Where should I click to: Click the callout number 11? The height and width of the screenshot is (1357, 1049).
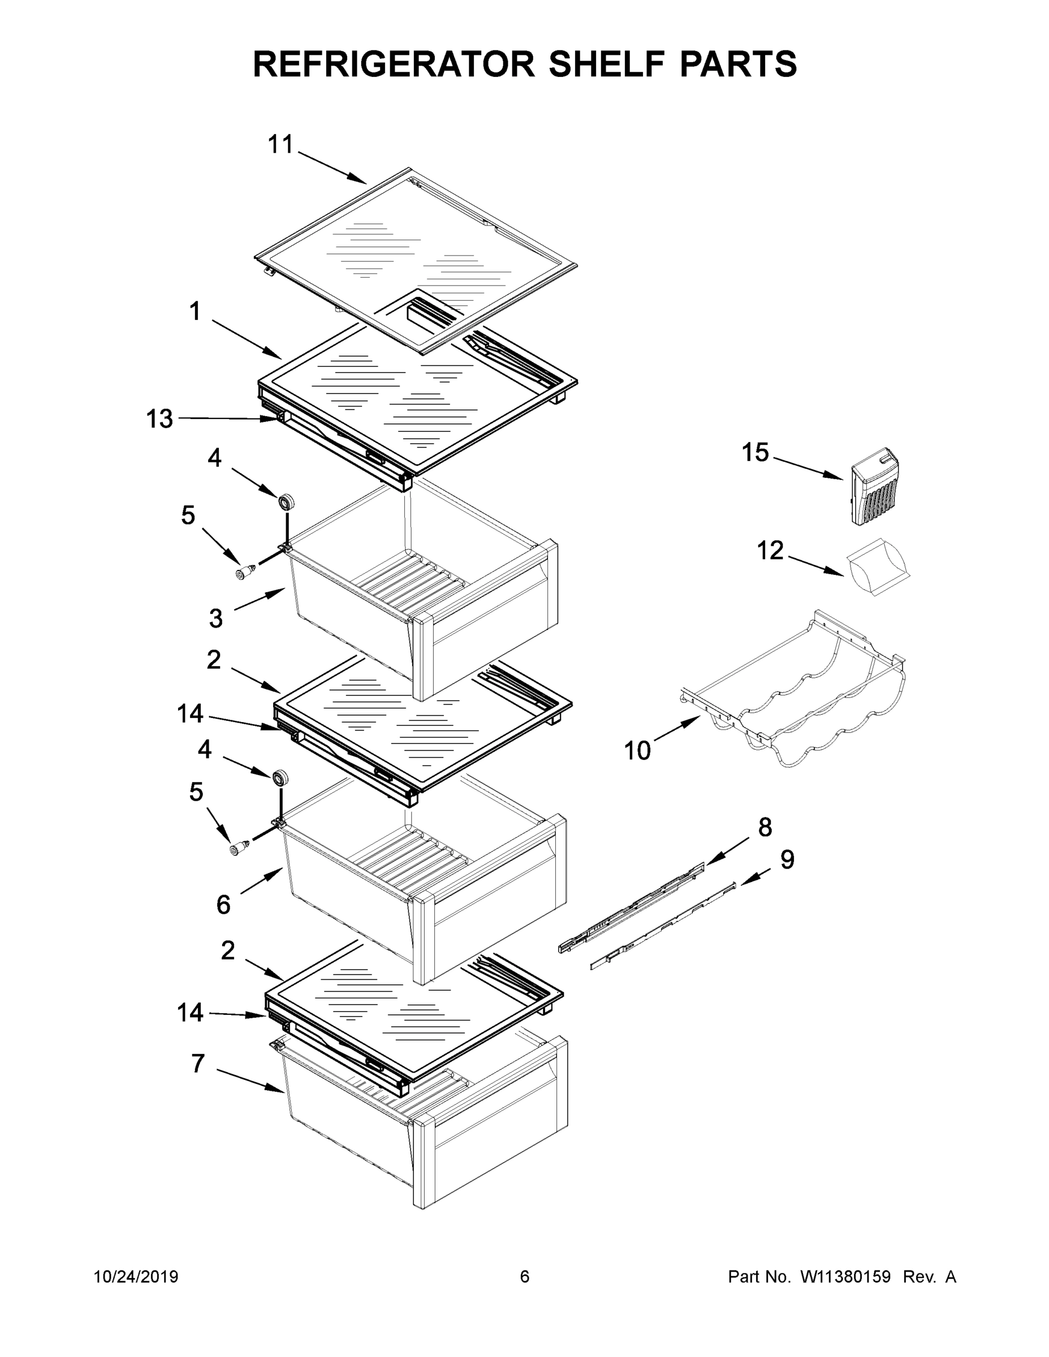280,145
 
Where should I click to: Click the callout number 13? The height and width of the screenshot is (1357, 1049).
159,419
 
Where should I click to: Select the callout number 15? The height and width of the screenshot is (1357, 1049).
755,452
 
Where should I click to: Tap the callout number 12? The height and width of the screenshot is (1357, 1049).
770,551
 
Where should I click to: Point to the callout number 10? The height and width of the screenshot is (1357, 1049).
637,750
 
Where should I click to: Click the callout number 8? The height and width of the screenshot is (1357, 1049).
765,827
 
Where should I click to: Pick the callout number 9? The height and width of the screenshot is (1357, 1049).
787,859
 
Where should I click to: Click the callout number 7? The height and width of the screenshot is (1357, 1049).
197,1064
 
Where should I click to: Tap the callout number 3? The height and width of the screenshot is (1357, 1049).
215,618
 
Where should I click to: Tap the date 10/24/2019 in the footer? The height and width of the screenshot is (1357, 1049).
136,1277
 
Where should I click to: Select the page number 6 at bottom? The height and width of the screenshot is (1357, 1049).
525,1277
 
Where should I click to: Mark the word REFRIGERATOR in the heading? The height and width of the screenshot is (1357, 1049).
394,63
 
